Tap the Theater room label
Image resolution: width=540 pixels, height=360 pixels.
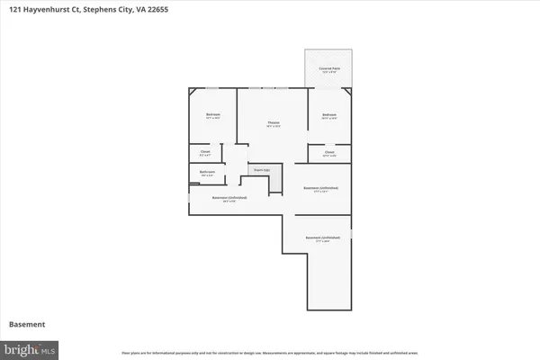pos(273,123)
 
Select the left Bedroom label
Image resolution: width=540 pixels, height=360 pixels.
pos(212,116)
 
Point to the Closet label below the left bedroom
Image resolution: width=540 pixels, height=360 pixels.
pos(205,153)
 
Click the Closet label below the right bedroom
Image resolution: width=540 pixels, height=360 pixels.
pos(328,153)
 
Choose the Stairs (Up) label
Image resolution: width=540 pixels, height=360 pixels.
pos(261,168)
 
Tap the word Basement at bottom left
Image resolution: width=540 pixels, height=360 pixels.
pos(28,324)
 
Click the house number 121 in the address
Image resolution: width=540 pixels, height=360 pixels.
pos(18,10)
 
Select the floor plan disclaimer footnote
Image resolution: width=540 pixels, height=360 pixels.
pos(270,351)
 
